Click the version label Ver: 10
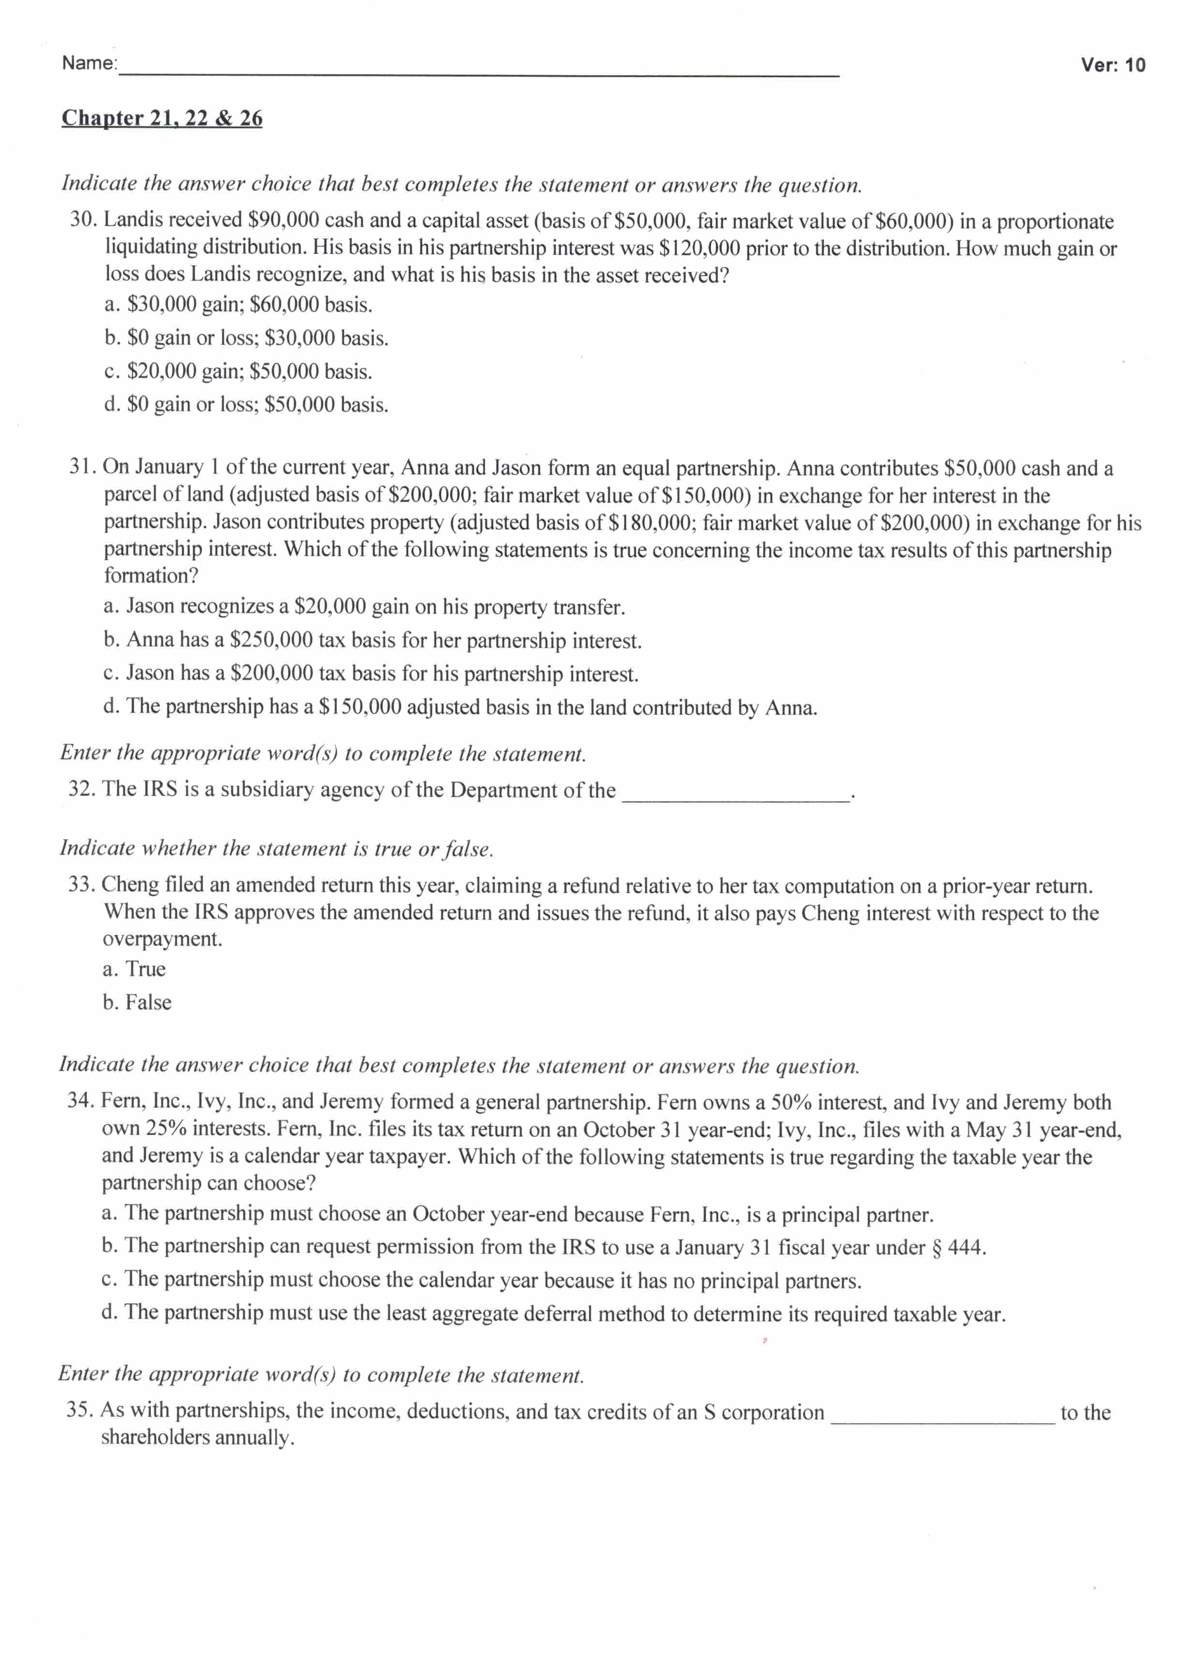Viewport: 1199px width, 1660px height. pyautogui.click(x=1112, y=65)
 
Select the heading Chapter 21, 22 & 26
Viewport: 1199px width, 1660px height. pyautogui.click(x=162, y=118)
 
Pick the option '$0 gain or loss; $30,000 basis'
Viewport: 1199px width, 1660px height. pyautogui.click(x=246, y=338)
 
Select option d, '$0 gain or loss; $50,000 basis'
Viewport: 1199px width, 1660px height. pyautogui.click(x=246, y=405)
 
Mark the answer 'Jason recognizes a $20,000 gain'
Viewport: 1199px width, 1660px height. pyautogui.click(x=365, y=607)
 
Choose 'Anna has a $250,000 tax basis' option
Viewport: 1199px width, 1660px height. pyautogui.click(x=373, y=641)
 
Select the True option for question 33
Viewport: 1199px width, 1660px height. pyautogui.click(x=135, y=969)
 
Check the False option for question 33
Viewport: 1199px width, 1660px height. pyautogui.click(x=138, y=1003)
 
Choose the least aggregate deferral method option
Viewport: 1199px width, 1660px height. pyautogui.click(x=554, y=1314)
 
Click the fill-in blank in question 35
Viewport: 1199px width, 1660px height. pyautogui.click(x=942, y=1418)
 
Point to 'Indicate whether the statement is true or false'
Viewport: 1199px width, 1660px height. pyautogui.click(x=276, y=848)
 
